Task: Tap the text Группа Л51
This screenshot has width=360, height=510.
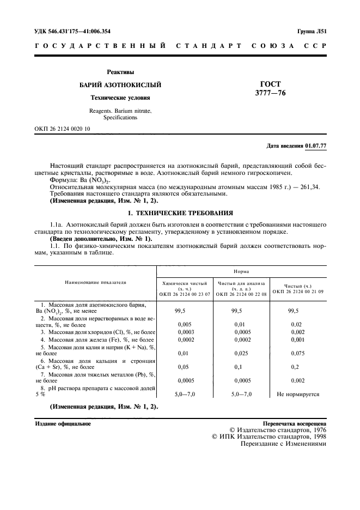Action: click(311, 32)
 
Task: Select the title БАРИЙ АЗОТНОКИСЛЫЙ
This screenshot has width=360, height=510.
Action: click(120, 86)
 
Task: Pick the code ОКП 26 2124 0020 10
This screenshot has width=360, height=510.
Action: click(62, 129)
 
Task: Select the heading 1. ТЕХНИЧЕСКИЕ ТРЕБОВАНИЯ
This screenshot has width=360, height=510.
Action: click(180, 212)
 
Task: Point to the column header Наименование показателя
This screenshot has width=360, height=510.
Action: click(95, 283)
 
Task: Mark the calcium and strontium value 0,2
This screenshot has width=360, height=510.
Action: click(297, 367)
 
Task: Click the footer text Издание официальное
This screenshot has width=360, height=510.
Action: click(63, 423)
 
